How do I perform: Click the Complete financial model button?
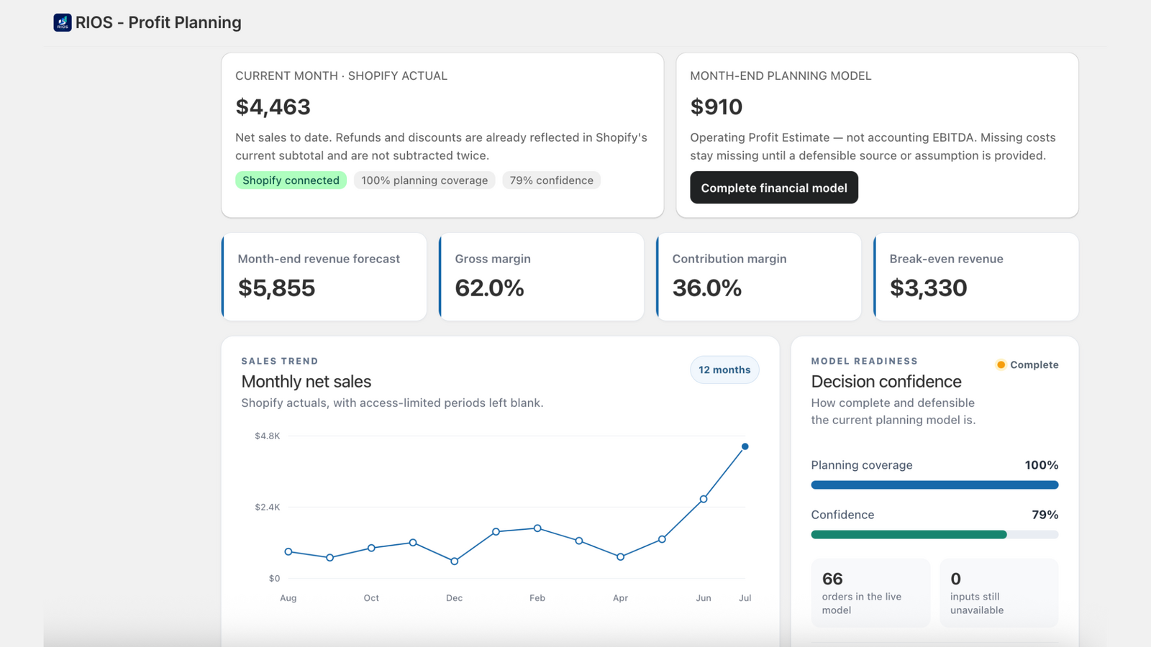click(774, 188)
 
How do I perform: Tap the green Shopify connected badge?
click(291, 180)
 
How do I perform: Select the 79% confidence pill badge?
click(551, 180)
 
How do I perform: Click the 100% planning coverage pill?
click(424, 180)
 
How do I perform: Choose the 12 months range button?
click(724, 370)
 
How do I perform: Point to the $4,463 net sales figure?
click(273, 107)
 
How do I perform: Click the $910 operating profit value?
click(716, 107)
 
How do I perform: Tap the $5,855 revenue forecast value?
click(276, 288)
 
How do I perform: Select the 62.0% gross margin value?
click(489, 288)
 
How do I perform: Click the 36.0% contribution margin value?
click(707, 288)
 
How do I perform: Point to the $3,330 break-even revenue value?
click(929, 288)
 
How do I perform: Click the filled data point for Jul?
click(745, 446)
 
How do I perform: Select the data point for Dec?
click(454, 561)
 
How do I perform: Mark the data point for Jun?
click(704, 499)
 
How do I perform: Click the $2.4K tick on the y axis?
click(267, 508)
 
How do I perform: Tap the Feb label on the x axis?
click(537, 597)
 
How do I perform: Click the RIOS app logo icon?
click(63, 22)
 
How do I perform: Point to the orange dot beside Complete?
click(1001, 364)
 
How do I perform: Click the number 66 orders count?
click(832, 579)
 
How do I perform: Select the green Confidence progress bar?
click(909, 535)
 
